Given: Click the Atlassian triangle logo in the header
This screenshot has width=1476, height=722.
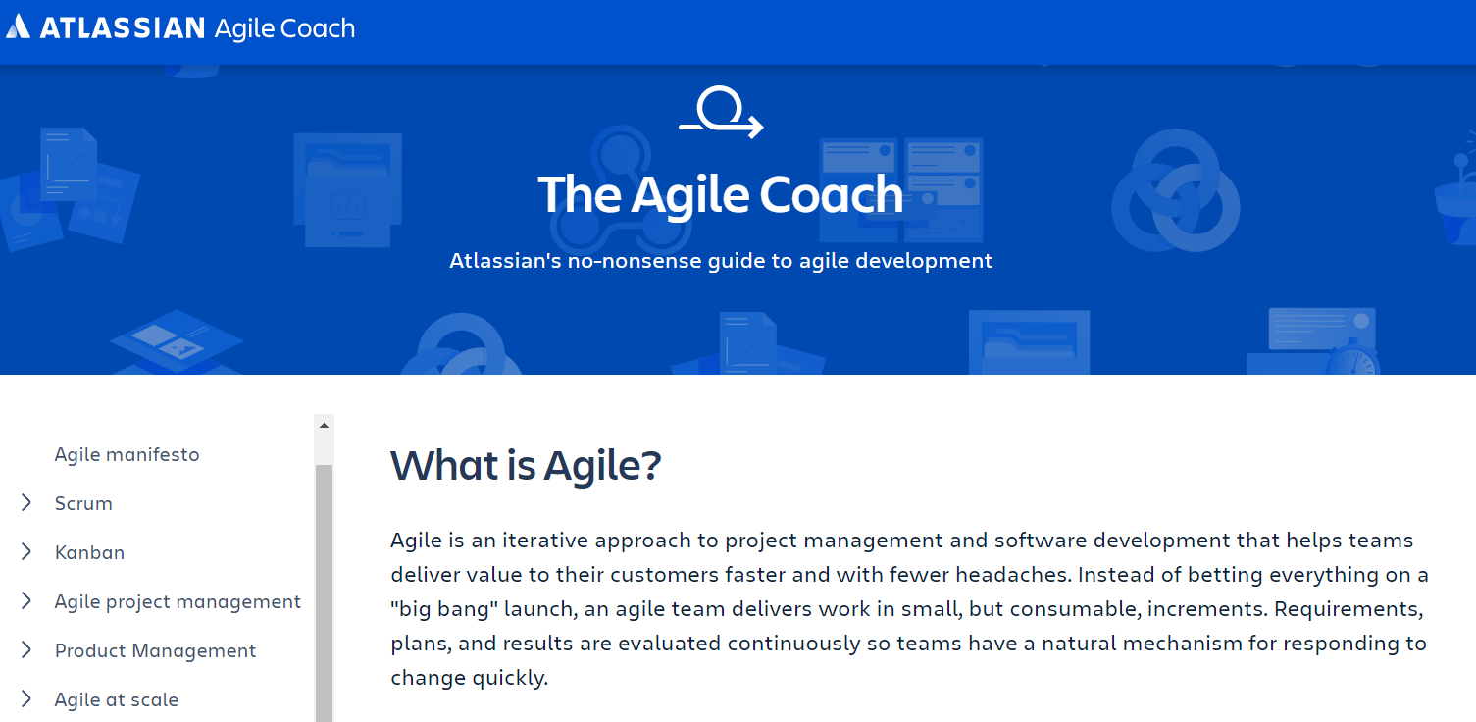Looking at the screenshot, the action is click(18, 26).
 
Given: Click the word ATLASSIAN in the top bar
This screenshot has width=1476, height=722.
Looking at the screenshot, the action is click(123, 28).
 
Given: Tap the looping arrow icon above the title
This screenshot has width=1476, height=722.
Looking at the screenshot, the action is click(722, 112).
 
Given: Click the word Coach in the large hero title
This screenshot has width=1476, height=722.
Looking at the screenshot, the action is click(831, 194).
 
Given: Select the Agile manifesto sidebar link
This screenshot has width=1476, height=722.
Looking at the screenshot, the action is click(127, 454).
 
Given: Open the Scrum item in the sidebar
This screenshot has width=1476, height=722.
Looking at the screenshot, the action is click(83, 504).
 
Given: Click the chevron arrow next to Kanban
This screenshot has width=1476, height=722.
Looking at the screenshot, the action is click(26, 552).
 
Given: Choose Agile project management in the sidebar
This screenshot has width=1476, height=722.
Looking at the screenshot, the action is click(178, 602).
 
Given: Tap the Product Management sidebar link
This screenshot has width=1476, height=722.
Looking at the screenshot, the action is click(155, 650).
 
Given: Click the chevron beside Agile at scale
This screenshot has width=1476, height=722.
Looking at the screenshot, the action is click(26, 698).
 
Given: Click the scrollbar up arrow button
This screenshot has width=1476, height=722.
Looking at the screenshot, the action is click(324, 426).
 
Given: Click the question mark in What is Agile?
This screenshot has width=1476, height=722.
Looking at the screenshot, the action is click(650, 465).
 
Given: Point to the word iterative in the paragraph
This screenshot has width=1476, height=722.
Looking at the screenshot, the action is click(545, 541).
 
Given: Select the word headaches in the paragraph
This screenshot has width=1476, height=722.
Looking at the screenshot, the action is click(1011, 575).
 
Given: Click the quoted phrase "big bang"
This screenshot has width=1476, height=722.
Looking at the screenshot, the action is click(444, 609).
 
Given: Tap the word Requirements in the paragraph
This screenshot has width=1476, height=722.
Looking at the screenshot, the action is click(1349, 609).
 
